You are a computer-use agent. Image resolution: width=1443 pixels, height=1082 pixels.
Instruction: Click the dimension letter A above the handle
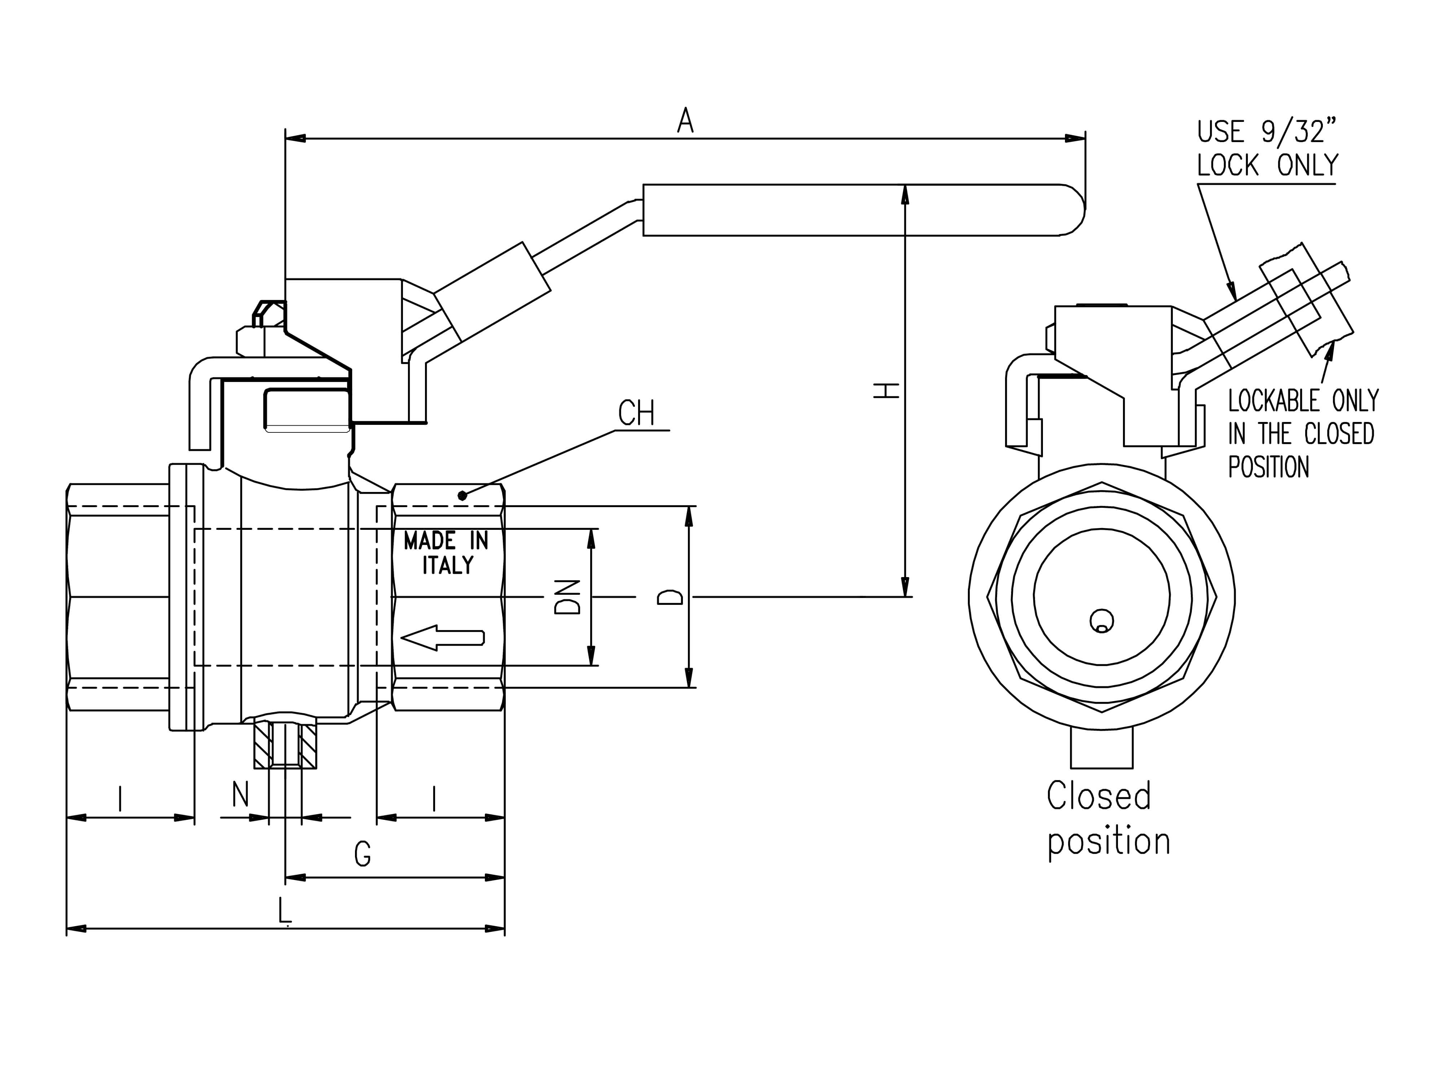[685, 121]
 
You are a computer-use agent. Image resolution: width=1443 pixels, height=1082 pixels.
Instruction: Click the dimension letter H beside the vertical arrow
[887, 391]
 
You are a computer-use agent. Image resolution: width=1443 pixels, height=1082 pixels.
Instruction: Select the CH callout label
[636, 413]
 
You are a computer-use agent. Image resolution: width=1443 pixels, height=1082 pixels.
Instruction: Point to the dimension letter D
[670, 597]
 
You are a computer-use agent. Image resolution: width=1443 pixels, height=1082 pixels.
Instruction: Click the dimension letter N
[241, 795]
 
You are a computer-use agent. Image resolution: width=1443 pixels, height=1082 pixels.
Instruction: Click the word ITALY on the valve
[448, 565]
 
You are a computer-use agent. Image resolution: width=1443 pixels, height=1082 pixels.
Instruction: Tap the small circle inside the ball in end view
[1102, 621]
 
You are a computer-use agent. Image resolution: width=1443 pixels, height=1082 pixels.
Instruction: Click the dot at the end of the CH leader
[462, 496]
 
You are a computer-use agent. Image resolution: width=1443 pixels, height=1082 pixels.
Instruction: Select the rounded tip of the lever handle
[1076, 209]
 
